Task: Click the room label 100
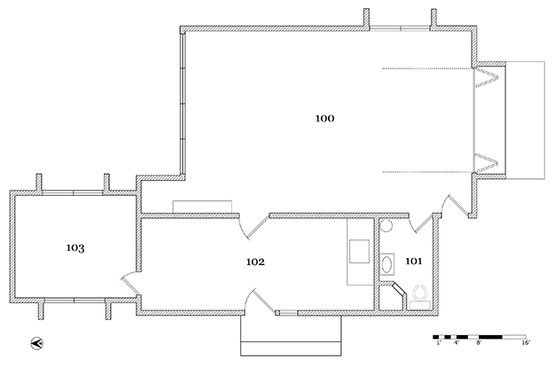[324, 119]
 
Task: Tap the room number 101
[413, 262]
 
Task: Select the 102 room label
[255, 262]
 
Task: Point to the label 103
[75, 247]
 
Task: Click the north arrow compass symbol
[36, 343]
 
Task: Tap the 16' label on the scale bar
[526, 342]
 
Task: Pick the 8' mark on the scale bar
[479, 342]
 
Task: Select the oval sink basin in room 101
[387, 263]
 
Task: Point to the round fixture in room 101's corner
[386, 225]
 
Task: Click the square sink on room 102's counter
[359, 251]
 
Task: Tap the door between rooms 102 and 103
[130, 283]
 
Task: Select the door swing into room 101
[420, 223]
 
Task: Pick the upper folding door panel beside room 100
[486, 77]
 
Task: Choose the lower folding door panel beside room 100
[486, 163]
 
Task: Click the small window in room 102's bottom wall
[289, 312]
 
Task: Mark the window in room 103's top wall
[73, 192]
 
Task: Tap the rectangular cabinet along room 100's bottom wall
[202, 207]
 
